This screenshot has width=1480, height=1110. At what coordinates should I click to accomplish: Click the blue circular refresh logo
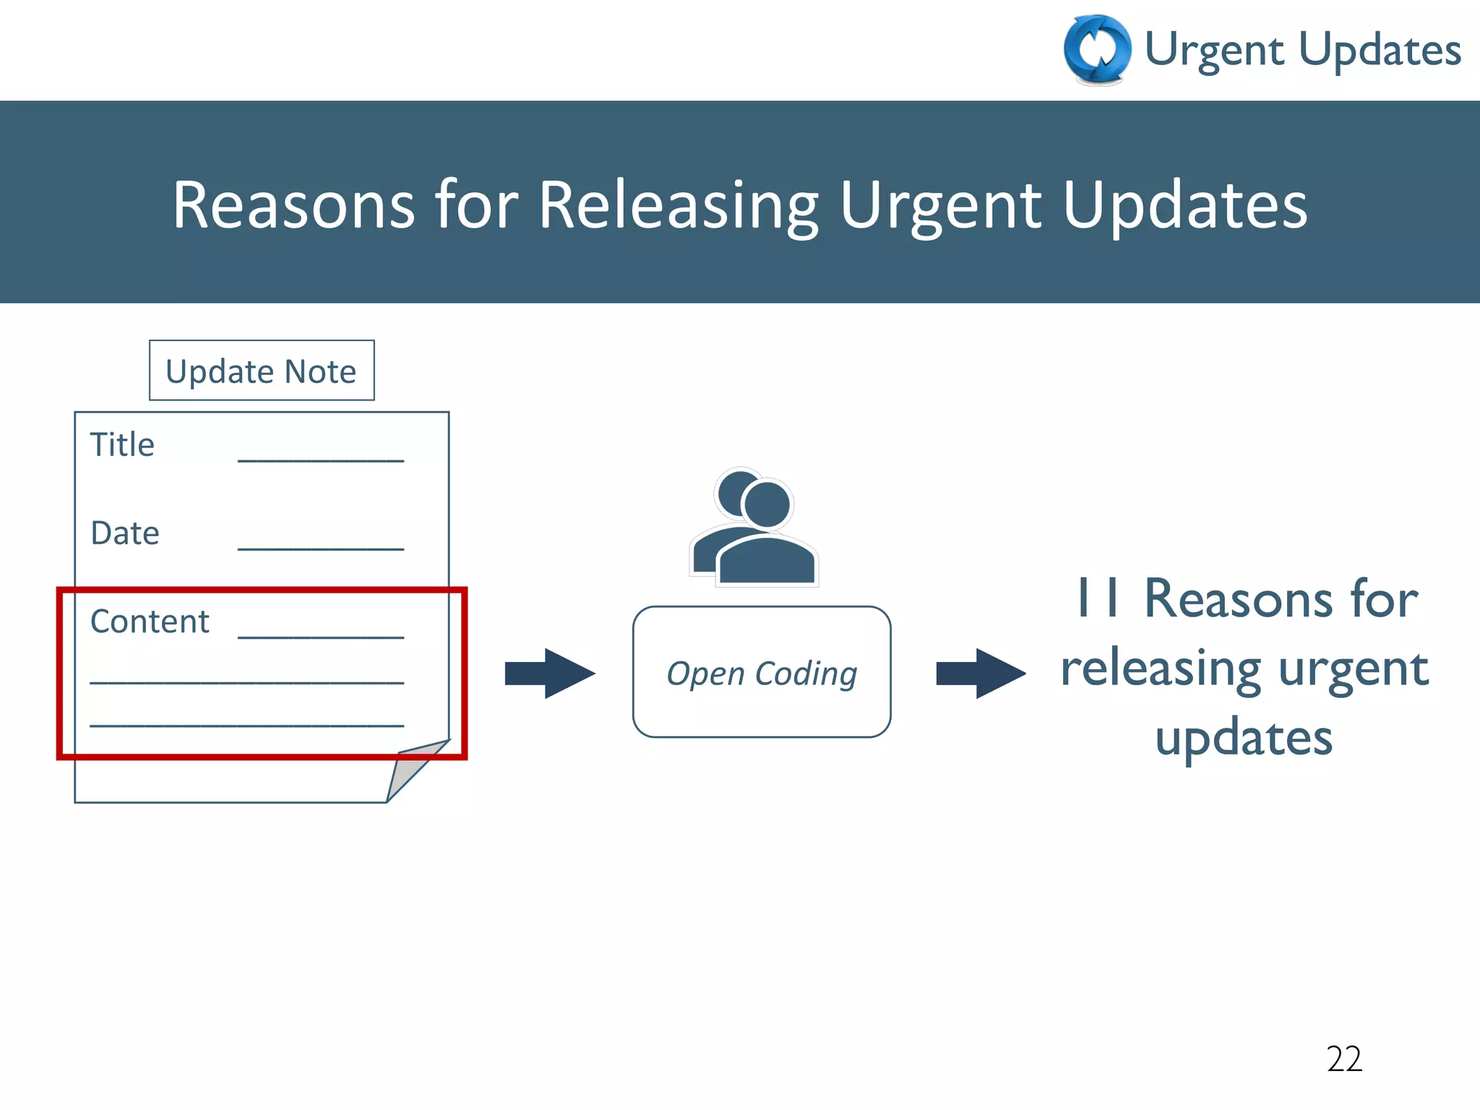1097,49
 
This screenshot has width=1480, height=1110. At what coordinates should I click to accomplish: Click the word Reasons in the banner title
293,205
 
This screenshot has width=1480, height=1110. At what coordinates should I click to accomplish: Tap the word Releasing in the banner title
678,205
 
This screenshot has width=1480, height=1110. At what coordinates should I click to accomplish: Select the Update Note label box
262,371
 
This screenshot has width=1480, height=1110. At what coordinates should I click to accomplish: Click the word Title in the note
122,444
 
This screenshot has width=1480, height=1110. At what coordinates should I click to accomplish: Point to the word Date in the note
125,533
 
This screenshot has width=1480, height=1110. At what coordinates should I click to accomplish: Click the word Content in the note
150,621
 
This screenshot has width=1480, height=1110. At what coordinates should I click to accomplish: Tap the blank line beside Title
320,460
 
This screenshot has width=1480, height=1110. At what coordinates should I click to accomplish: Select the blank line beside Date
320,549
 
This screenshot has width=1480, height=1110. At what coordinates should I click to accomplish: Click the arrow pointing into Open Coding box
549,673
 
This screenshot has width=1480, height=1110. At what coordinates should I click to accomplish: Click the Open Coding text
762,673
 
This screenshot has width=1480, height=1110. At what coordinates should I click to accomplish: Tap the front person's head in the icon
767,504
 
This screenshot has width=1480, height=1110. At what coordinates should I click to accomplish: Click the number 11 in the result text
1098,599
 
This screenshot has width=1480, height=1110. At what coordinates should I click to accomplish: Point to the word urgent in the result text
1353,668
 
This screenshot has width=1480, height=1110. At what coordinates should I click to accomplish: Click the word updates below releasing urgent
1244,739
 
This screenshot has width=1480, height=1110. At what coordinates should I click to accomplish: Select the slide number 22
1344,1059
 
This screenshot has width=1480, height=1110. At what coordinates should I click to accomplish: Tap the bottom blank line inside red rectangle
246,725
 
